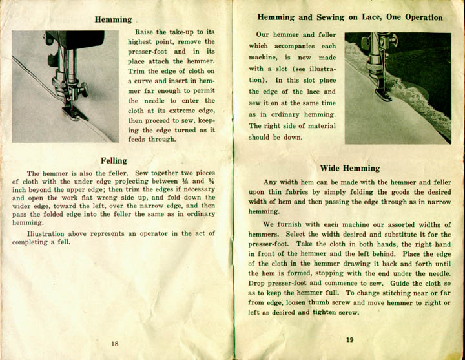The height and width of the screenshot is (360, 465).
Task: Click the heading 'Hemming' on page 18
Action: point(113,20)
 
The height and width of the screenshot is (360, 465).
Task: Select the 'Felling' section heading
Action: point(114,160)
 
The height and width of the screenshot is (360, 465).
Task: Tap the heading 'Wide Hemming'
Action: point(349,168)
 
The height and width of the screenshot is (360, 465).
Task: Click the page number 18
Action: point(114,344)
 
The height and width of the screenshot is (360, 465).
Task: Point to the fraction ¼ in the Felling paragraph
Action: point(211,182)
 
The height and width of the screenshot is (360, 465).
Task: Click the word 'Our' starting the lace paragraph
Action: point(263,35)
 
